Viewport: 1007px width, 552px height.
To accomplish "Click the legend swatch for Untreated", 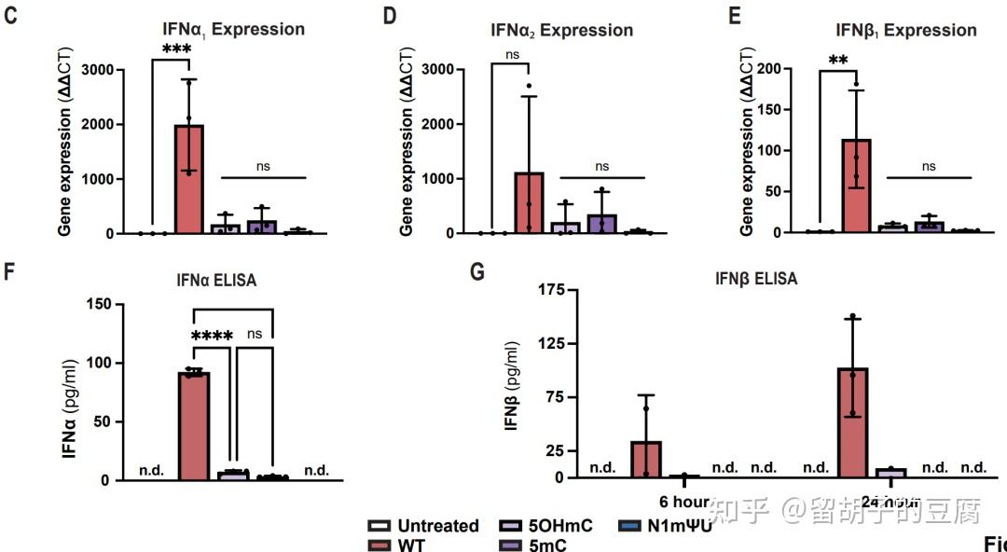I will pyautogui.click(x=379, y=526).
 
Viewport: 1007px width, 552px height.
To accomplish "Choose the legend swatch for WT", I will pyautogui.click(x=379, y=545).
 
